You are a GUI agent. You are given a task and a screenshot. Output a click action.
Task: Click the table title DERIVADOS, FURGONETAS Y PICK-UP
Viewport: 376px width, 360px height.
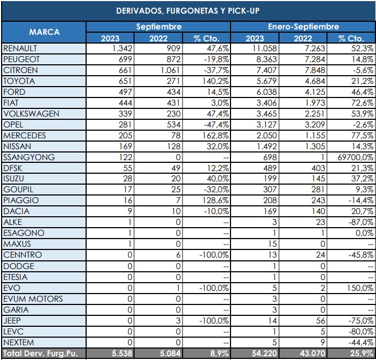(x=188, y=10)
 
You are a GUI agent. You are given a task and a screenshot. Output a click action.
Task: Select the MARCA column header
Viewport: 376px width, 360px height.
(x=44, y=32)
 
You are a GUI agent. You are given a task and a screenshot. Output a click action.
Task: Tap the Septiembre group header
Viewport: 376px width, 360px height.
(x=159, y=27)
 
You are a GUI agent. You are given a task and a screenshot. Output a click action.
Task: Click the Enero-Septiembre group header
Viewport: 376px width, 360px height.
(x=303, y=27)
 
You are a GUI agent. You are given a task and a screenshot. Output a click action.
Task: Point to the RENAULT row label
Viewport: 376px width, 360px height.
(x=20, y=48)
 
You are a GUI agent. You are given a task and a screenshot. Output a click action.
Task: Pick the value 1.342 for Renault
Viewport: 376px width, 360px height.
(x=123, y=48)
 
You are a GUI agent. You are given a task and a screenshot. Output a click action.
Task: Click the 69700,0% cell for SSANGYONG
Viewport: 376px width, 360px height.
(x=353, y=157)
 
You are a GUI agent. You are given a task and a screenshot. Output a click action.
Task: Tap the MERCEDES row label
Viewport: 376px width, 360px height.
(x=25, y=136)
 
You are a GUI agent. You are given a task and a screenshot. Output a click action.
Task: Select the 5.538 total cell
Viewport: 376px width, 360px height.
(x=123, y=354)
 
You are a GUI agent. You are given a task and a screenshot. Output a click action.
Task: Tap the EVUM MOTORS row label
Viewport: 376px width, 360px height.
(x=33, y=299)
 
